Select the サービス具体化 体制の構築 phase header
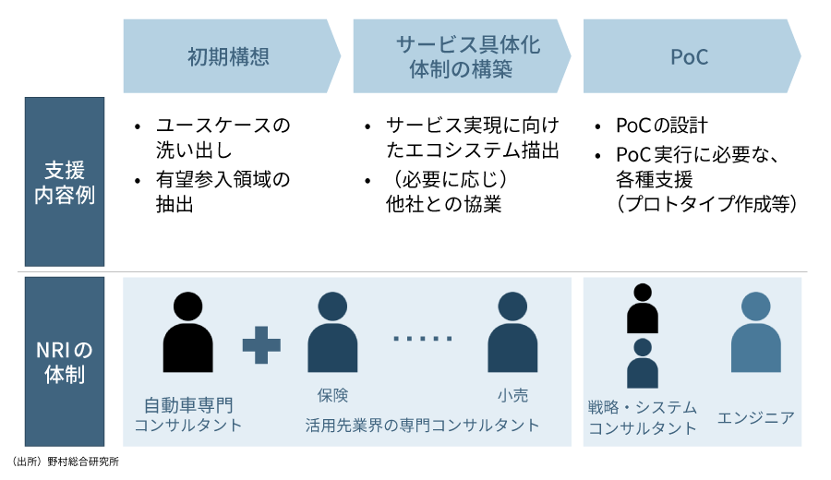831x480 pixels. pyautogui.click(x=459, y=57)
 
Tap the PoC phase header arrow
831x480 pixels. pyautogui.click(x=689, y=57)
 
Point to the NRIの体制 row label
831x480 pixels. pyautogui.click(x=65, y=362)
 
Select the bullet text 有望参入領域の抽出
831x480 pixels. pyautogui.click(x=222, y=192)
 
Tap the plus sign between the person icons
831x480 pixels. pyautogui.click(x=261, y=344)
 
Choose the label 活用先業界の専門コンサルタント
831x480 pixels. pyautogui.click(x=423, y=426)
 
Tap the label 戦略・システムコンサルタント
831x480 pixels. pyautogui.click(x=643, y=417)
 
